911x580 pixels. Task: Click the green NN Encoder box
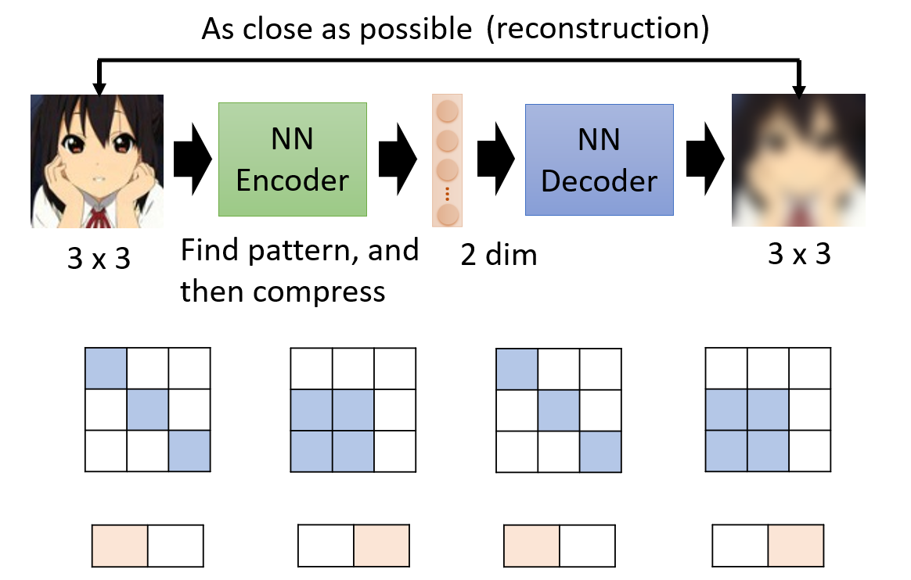292,159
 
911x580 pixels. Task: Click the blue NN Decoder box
599,160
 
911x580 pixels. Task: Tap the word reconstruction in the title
598,28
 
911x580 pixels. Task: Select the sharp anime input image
97,161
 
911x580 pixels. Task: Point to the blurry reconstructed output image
798,160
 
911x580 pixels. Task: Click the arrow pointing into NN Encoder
193,159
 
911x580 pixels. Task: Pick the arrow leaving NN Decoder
704,159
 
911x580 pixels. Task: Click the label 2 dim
499,255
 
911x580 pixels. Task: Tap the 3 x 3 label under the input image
99,258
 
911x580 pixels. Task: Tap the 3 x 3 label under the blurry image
799,254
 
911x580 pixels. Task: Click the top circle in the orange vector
448,111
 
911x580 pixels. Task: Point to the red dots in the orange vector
448,194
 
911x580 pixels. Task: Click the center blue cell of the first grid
148,410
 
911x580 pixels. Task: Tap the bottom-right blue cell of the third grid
600,452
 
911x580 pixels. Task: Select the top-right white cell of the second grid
395,369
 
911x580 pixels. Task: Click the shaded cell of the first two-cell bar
120,546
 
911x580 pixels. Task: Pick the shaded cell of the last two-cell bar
796,546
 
